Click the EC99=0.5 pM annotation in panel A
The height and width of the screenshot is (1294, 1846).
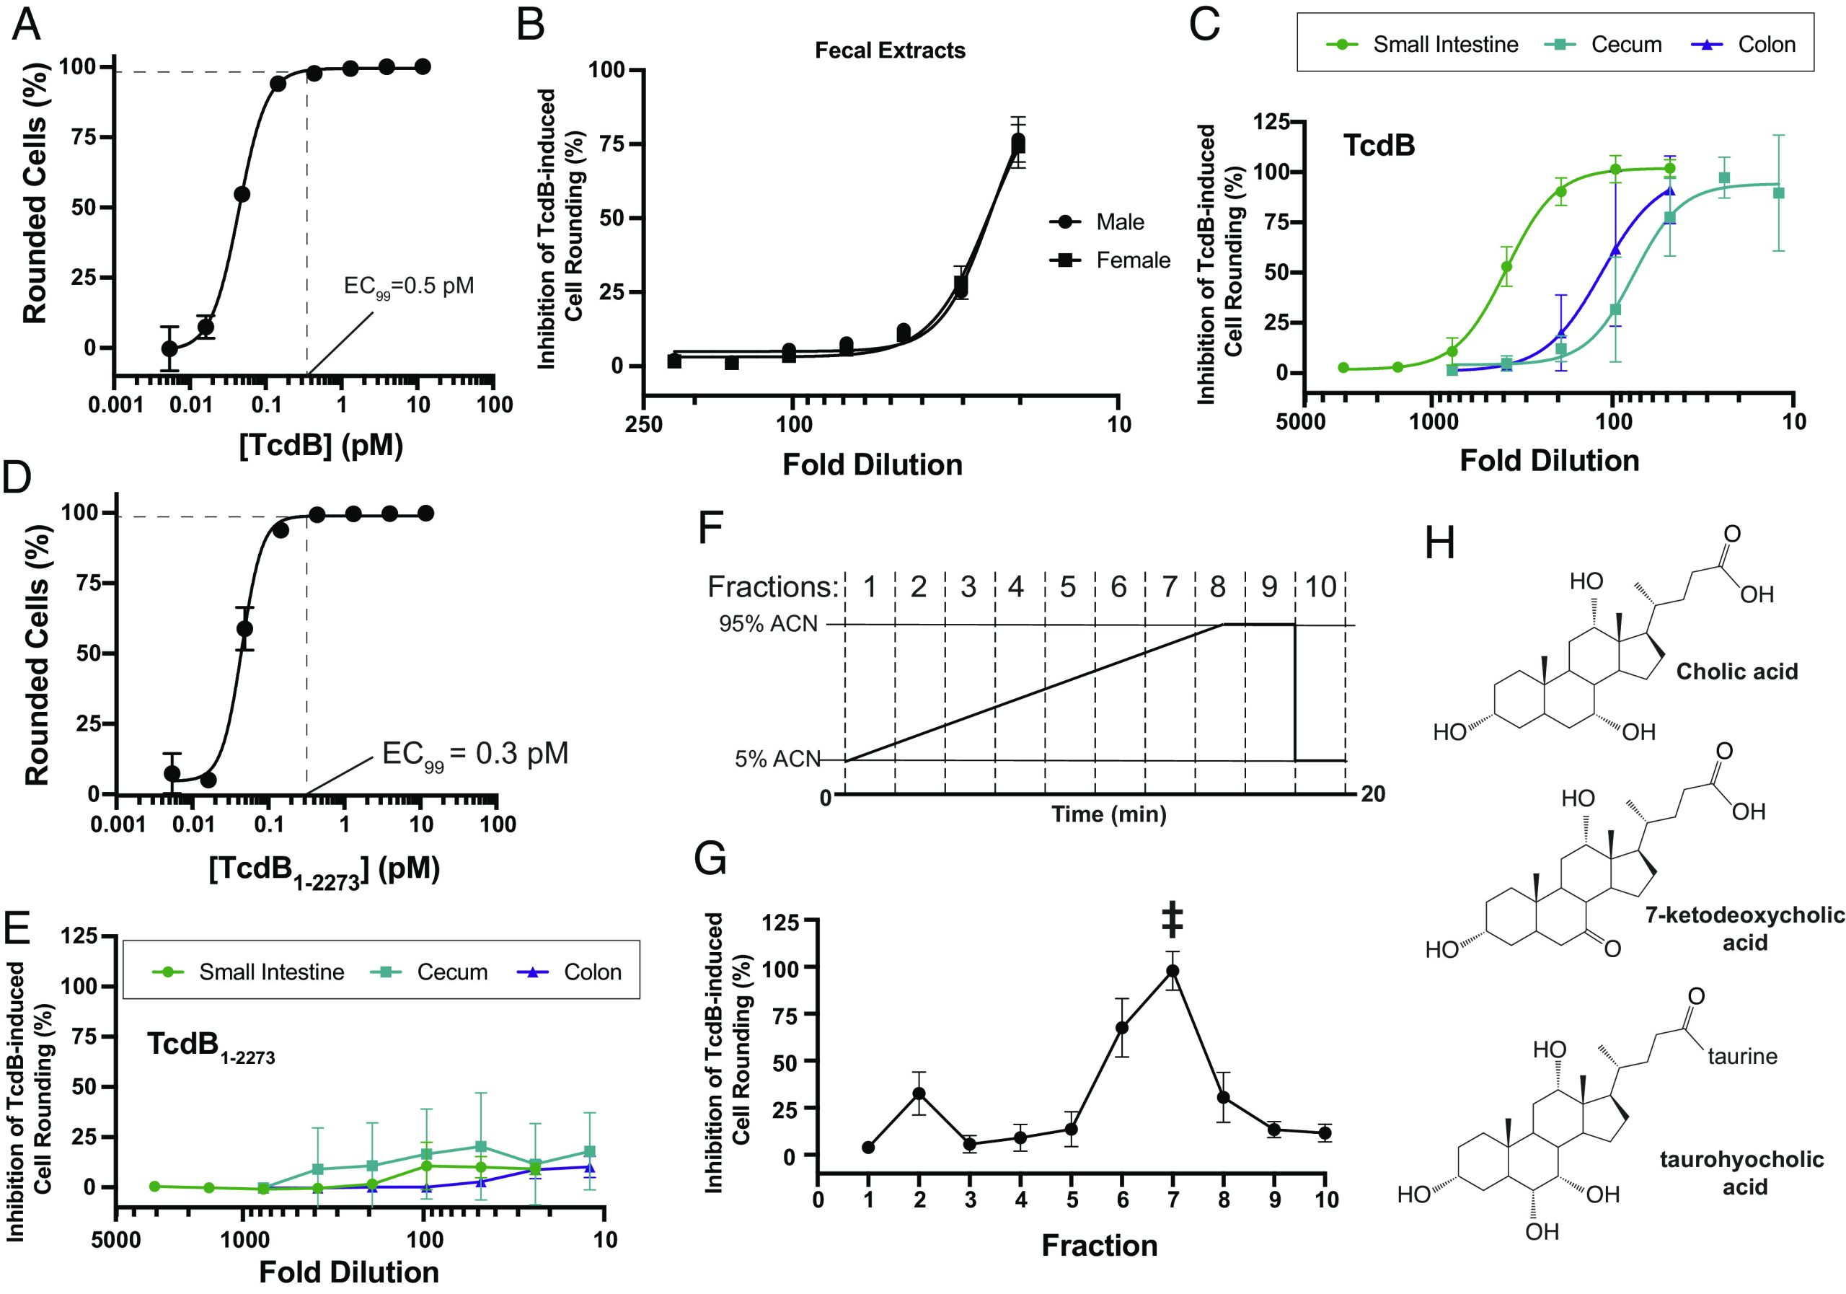click(408, 287)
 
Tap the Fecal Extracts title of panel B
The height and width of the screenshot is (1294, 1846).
click(890, 50)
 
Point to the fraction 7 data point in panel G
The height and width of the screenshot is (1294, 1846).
click(1173, 971)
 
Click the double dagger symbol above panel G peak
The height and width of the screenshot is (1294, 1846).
click(1172, 920)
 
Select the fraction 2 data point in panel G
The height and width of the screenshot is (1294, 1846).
click(919, 1093)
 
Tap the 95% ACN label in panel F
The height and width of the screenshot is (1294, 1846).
click(768, 624)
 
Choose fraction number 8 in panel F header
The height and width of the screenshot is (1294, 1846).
click(1218, 587)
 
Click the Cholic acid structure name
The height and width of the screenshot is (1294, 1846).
click(1736, 672)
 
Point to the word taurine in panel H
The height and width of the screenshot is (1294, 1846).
click(1742, 1056)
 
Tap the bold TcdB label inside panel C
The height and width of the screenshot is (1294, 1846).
click(1379, 146)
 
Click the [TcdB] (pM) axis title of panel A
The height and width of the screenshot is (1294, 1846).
click(321, 445)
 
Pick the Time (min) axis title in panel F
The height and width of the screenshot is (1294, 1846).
click(1109, 814)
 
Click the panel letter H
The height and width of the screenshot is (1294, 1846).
click(1439, 545)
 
